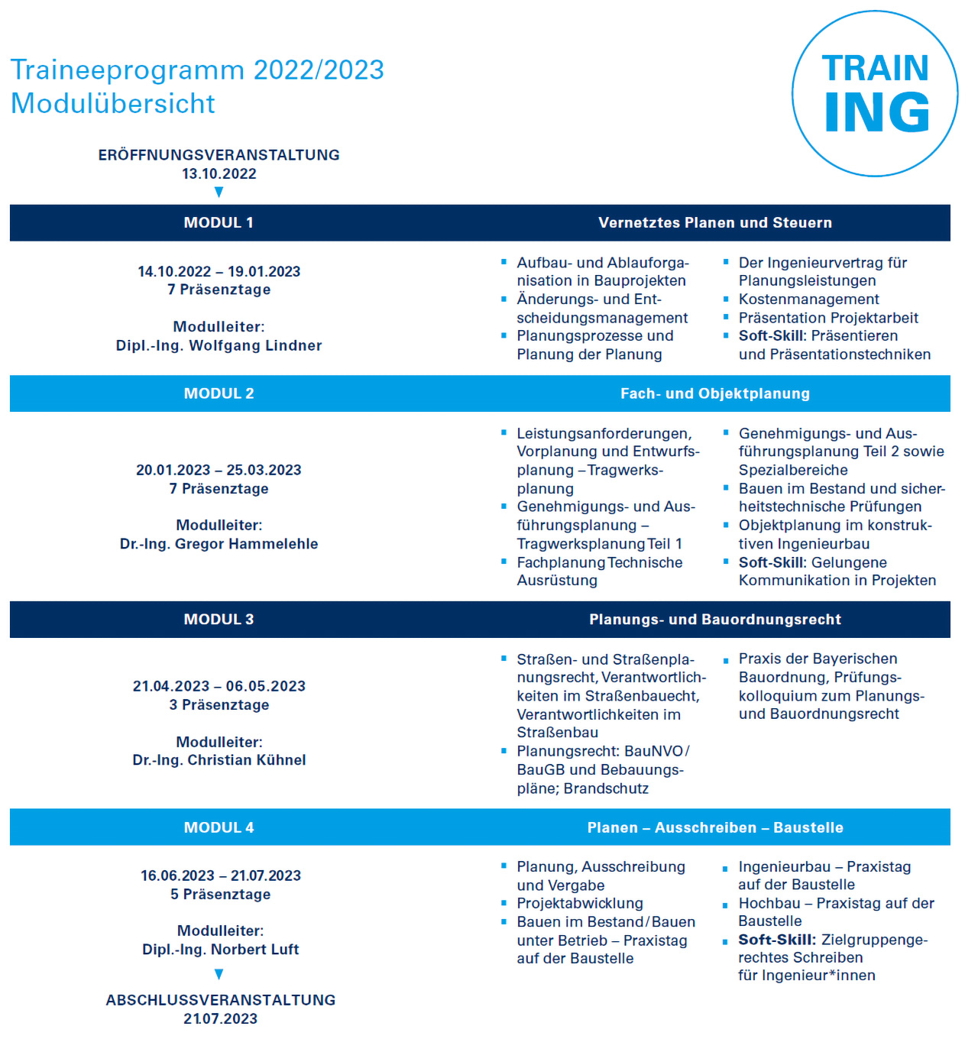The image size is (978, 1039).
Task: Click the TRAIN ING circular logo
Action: point(875,93)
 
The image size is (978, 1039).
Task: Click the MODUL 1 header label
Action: point(219,222)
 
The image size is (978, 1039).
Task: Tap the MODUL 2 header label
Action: point(219,393)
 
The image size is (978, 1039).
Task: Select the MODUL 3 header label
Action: point(219,620)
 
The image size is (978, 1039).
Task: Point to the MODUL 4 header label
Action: point(219,827)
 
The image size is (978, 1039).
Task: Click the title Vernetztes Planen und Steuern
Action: point(715,222)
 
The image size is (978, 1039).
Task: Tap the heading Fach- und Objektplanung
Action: point(715,393)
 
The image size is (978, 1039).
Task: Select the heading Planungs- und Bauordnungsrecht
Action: point(715,620)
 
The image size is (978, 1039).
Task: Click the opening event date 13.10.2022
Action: point(219,173)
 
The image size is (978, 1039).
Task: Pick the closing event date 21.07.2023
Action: point(220,1018)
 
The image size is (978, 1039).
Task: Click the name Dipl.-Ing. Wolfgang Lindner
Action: point(219,345)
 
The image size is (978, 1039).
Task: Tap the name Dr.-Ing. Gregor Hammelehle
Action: point(219,544)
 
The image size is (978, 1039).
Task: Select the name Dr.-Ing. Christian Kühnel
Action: point(219,760)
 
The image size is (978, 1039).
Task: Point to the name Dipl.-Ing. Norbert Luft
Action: point(220,950)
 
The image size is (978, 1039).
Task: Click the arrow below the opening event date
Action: point(219,192)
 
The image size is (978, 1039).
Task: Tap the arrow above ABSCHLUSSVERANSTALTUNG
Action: point(219,974)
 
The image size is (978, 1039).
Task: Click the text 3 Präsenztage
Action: point(219,704)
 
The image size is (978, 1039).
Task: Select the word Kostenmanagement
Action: point(808,299)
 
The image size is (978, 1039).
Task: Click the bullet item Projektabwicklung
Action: point(580,903)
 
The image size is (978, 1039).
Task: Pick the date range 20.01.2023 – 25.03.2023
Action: point(219,470)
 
